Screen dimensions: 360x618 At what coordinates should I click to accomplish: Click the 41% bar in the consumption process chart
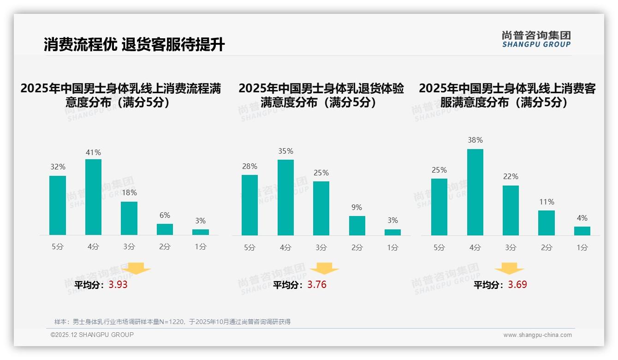point(93,197)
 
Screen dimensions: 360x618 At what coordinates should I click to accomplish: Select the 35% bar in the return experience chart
point(285,198)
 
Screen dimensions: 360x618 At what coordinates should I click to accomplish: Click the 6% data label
point(165,215)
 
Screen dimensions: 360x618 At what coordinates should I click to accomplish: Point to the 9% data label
point(357,208)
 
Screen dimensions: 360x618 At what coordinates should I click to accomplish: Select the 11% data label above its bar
point(547,202)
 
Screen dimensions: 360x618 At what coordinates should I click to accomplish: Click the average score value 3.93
point(118,285)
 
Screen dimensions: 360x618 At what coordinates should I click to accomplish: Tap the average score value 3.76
point(317,285)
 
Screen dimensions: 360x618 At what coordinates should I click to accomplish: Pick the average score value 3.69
point(517,285)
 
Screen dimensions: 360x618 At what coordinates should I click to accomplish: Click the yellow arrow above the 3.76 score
point(324,269)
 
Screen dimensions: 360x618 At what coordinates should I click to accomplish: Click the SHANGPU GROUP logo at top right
point(536,39)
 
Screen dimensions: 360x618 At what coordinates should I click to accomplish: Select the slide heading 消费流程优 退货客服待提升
point(134,45)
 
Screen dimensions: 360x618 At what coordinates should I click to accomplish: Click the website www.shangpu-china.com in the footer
point(537,335)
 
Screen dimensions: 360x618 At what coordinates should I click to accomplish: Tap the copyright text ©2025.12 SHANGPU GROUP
point(92,335)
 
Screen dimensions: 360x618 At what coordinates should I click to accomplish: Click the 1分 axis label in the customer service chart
point(582,248)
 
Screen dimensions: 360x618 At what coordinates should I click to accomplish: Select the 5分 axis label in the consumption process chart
point(58,247)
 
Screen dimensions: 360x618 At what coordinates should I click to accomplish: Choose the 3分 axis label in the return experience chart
point(321,248)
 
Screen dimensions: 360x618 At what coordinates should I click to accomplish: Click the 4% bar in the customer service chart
point(582,231)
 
